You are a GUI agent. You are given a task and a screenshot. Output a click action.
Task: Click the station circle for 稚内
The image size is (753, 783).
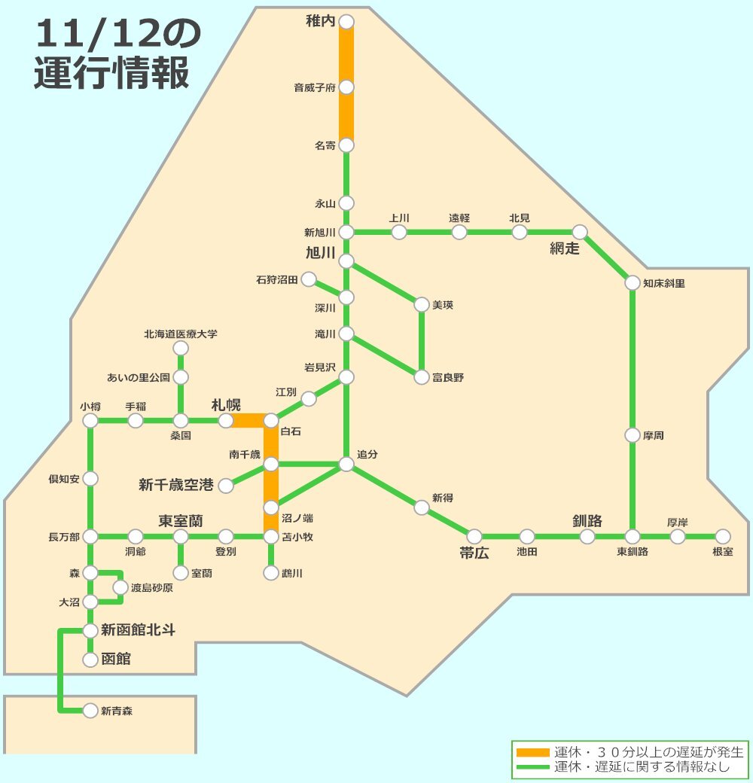(346, 21)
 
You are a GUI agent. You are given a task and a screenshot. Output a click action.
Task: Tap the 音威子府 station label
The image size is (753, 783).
(314, 88)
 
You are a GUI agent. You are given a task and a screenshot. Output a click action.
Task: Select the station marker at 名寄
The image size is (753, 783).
(346, 145)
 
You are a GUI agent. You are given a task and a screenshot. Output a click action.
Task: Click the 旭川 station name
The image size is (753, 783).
(320, 253)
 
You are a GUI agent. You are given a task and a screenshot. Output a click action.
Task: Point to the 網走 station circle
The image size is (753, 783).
(580, 232)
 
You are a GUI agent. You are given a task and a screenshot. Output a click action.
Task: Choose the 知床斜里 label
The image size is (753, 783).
(664, 284)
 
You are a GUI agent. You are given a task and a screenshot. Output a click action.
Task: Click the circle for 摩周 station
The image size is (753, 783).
(633, 435)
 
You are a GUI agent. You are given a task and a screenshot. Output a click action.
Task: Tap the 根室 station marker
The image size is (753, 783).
(723, 536)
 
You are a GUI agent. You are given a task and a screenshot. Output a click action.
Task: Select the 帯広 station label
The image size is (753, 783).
(474, 553)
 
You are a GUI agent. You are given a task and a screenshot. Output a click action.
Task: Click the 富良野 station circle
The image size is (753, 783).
(422, 377)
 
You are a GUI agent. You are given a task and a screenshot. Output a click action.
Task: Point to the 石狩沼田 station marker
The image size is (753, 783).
(309, 280)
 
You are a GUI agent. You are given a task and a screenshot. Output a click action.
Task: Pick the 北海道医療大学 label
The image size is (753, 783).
(181, 334)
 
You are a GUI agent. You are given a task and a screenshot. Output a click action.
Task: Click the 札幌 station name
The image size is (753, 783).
(226, 405)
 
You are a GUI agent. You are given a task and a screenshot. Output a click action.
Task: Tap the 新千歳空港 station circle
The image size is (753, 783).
(226, 486)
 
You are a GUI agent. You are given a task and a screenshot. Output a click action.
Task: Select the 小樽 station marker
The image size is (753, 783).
(90, 421)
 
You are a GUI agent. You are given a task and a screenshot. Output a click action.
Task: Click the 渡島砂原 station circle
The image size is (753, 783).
(120, 587)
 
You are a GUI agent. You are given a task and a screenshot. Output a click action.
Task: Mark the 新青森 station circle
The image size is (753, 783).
(90, 710)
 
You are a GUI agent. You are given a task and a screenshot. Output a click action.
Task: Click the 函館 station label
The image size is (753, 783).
(116, 660)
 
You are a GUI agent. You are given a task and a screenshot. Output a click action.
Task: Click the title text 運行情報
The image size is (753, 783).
(111, 74)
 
